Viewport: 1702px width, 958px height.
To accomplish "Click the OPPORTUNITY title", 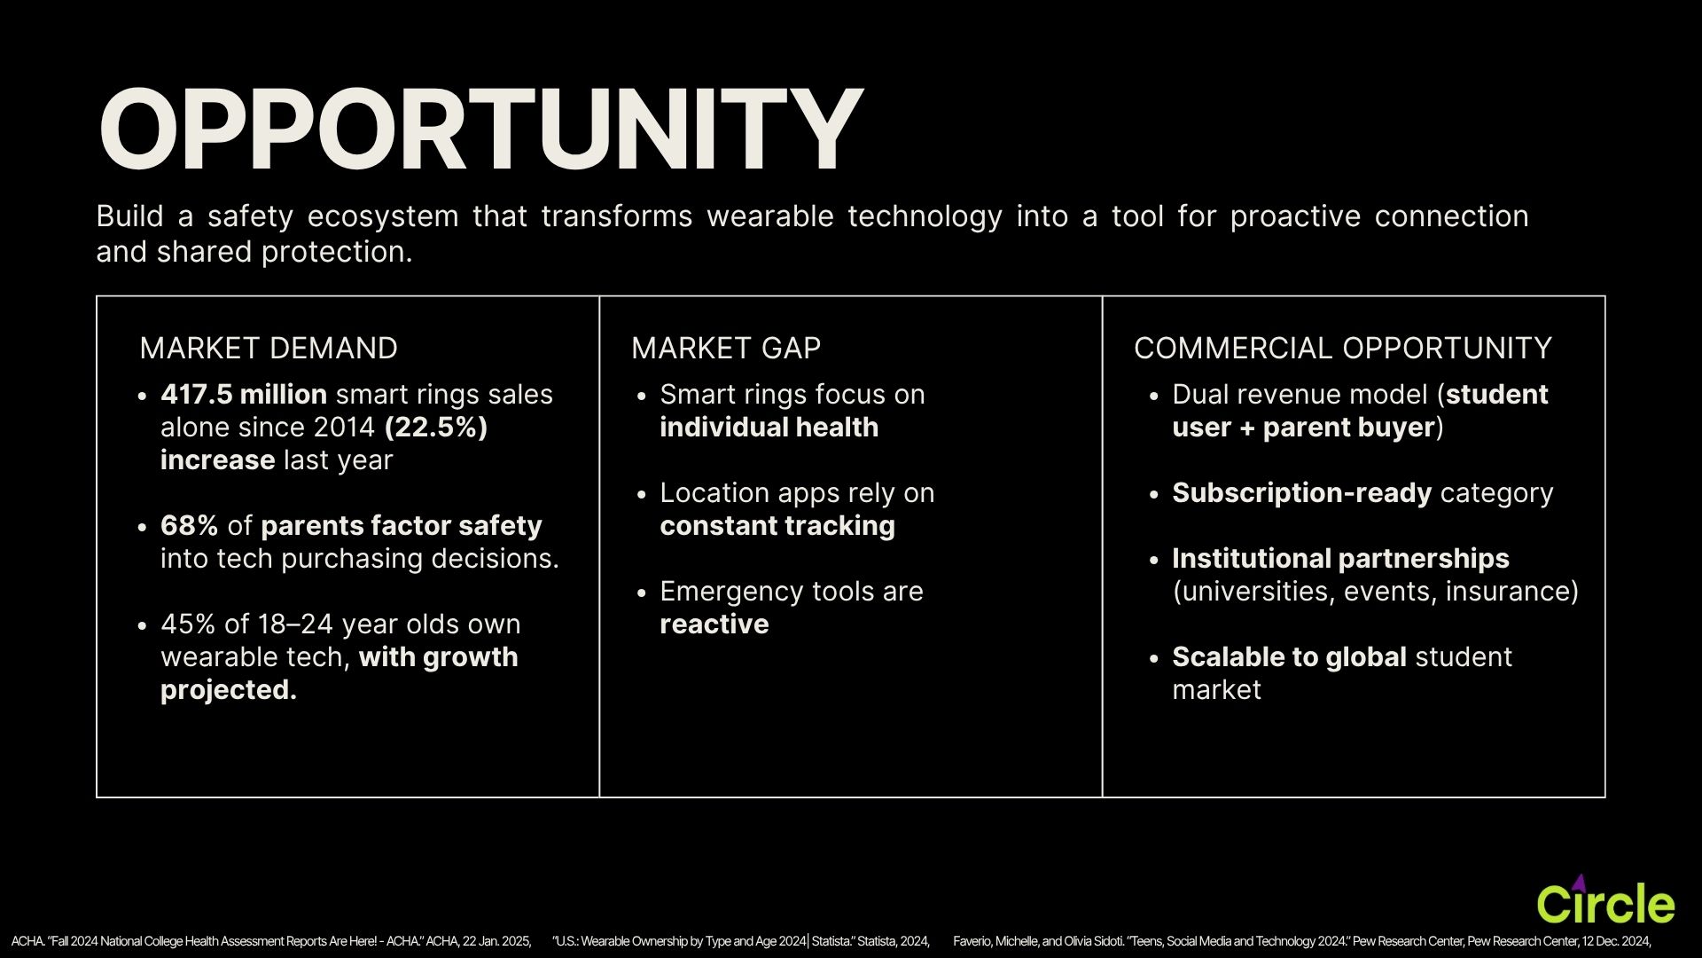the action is pos(480,130).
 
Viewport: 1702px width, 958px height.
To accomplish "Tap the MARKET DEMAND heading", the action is pos(269,348).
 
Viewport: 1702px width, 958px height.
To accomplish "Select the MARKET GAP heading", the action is pos(726,348).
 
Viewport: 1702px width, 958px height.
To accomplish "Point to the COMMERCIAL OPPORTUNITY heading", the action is pos(1343,348).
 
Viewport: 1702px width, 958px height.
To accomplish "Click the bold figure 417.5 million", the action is pos(244,394).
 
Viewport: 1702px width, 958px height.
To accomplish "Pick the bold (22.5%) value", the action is pos(436,428).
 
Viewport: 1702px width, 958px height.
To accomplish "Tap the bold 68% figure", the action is pos(189,525).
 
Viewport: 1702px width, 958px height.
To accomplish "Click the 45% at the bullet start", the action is pos(188,624).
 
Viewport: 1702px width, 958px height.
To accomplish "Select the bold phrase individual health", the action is pos(769,427).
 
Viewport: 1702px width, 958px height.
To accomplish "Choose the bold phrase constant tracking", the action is pos(777,526).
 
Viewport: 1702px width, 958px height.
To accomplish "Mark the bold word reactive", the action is pos(714,624).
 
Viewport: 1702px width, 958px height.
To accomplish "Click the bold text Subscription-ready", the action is pos(1301,493).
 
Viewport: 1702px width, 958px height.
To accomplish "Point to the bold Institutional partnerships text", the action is pos(1340,559).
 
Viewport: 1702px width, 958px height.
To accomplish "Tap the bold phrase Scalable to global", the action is pos(1289,657).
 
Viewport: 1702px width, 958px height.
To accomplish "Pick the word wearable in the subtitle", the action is pos(770,216).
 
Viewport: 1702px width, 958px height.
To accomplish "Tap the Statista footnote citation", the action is pos(740,941).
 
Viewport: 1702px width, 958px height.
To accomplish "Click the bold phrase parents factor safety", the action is pos(402,526).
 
